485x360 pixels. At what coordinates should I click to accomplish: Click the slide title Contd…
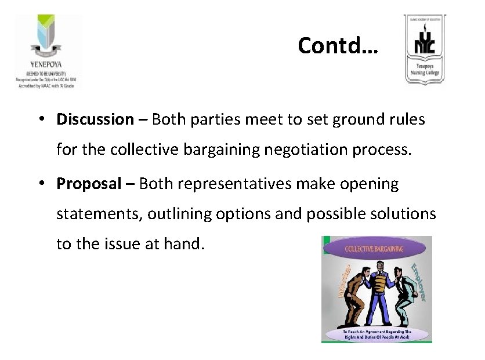[338, 45]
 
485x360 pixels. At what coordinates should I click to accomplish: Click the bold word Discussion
[95, 120]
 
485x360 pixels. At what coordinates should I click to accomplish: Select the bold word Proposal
[89, 184]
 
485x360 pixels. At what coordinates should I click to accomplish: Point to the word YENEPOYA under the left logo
[46, 64]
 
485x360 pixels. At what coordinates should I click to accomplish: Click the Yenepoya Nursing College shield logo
[425, 51]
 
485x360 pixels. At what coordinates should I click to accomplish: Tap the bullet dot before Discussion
[44, 120]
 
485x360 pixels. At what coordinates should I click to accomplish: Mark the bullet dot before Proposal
[44, 184]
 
